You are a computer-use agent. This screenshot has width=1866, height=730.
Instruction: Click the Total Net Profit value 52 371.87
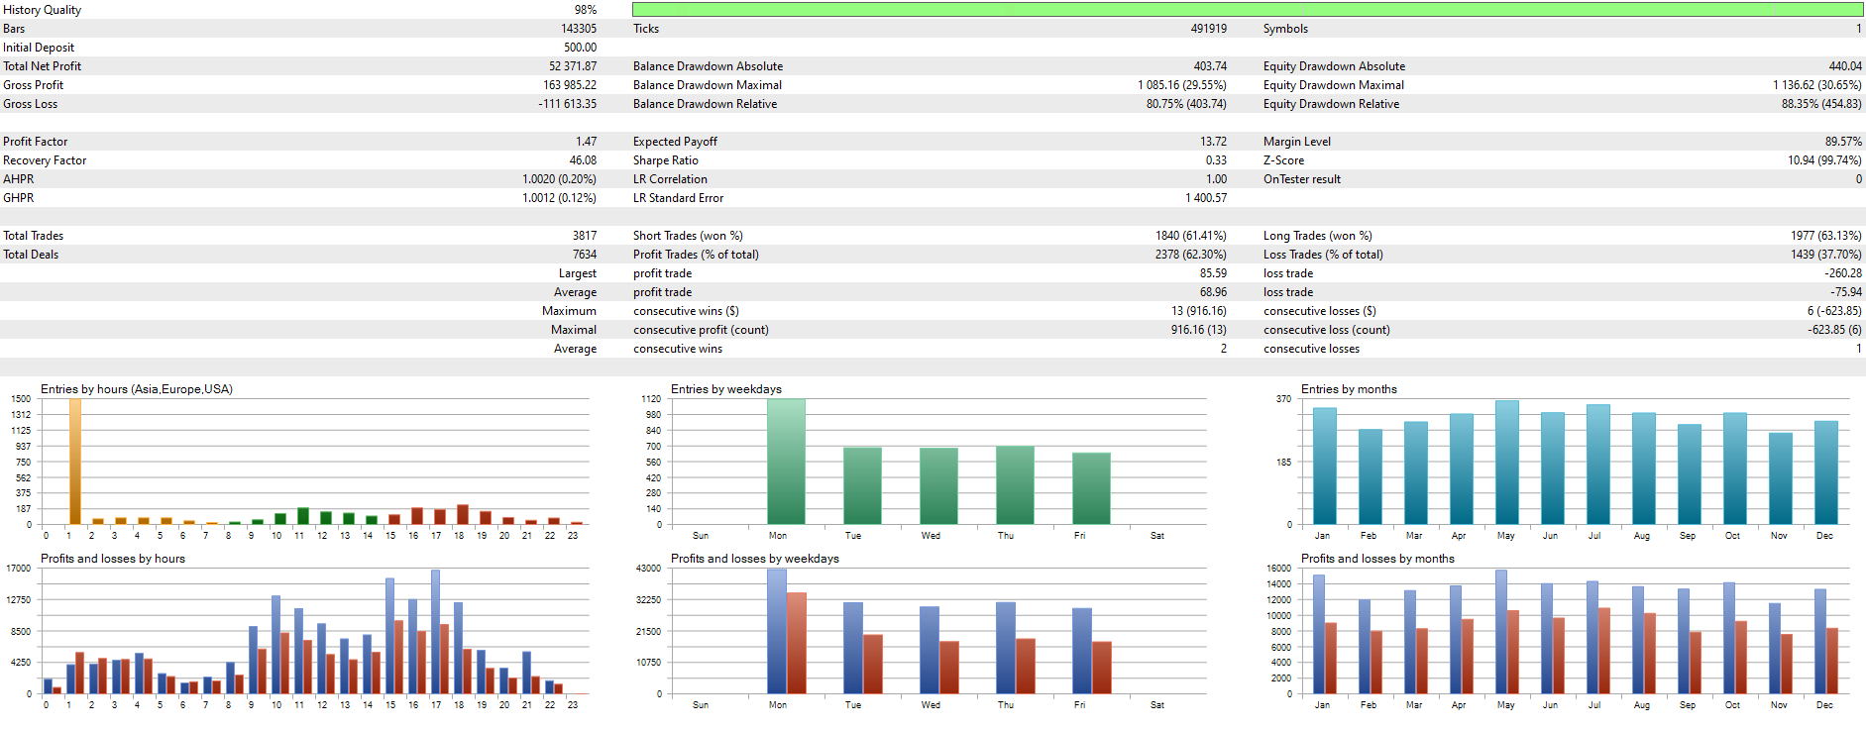coord(572,66)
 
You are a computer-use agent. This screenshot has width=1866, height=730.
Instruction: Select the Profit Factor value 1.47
coord(586,142)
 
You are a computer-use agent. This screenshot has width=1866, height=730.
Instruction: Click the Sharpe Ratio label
coord(665,160)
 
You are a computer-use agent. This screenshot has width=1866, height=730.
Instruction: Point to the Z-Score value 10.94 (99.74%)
coord(1823,160)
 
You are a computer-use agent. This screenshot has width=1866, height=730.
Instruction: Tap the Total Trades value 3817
coord(584,236)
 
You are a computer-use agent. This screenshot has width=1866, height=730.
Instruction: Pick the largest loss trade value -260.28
coord(1842,273)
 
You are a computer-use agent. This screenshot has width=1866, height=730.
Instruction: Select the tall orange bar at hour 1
coord(74,462)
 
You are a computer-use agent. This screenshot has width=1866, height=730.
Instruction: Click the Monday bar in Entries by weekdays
coord(786,462)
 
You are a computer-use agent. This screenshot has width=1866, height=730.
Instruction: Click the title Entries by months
coord(1349,389)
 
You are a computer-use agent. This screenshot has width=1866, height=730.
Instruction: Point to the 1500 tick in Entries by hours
coord(21,399)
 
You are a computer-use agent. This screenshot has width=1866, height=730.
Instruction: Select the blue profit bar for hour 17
coord(435,632)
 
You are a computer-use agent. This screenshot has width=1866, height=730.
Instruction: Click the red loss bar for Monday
coord(797,643)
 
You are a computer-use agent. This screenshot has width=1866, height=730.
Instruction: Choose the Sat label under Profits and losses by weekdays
coord(1156,705)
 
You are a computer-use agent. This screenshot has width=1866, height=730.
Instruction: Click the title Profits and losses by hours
coord(112,559)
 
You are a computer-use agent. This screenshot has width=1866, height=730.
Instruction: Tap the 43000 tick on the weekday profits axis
coord(648,569)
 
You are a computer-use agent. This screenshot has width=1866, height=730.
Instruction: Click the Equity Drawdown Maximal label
coord(1333,85)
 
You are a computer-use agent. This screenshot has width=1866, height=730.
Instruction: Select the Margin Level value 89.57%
coord(1842,142)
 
